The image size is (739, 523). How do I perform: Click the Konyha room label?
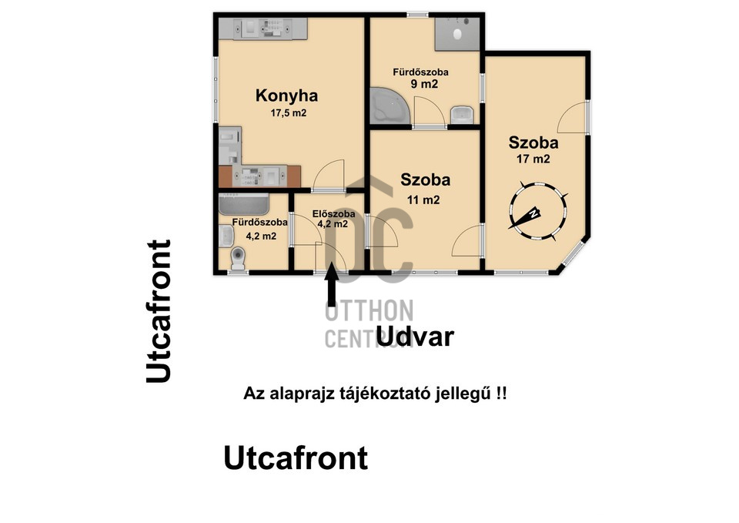pyautogui.click(x=286, y=96)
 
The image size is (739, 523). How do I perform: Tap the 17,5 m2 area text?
pyautogui.click(x=289, y=113)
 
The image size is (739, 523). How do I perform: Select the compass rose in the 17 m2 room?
pyautogui.click(x=538, y=211)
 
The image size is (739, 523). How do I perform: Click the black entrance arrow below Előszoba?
pyautogui.click(x=332, y=284)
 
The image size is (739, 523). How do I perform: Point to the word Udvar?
pyautogui.click(x=415, y=337)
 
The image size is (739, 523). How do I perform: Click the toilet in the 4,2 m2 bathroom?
pyautogui.click(x=239, y=259)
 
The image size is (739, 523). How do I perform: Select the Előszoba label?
pyautogui.click(x=333, y=214)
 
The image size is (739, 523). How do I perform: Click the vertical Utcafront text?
pyautogui.click(x=159, y=312)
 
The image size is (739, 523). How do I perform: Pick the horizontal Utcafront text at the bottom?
pyautogui.click(x=296, y=458)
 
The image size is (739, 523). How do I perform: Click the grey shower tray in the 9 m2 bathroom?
pyautogui.click(x=456, y=33)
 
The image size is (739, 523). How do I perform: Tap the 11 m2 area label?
pyautogui.click(x=423, y=200)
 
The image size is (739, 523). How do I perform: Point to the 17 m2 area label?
pyautogui.click(x=533, y=159)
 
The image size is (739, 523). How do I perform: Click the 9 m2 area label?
pyautogui.click(x=424, y=84)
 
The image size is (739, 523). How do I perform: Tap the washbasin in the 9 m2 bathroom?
pyautogui.click(x=462, y=115)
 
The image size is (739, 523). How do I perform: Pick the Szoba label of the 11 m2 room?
pyautogui.click(x=425, y=179)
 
